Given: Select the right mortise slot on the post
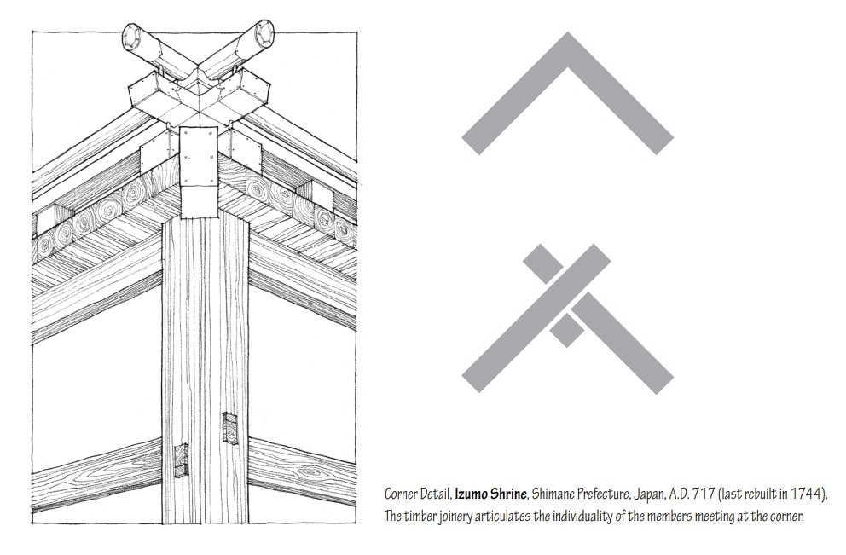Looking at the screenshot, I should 229,429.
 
